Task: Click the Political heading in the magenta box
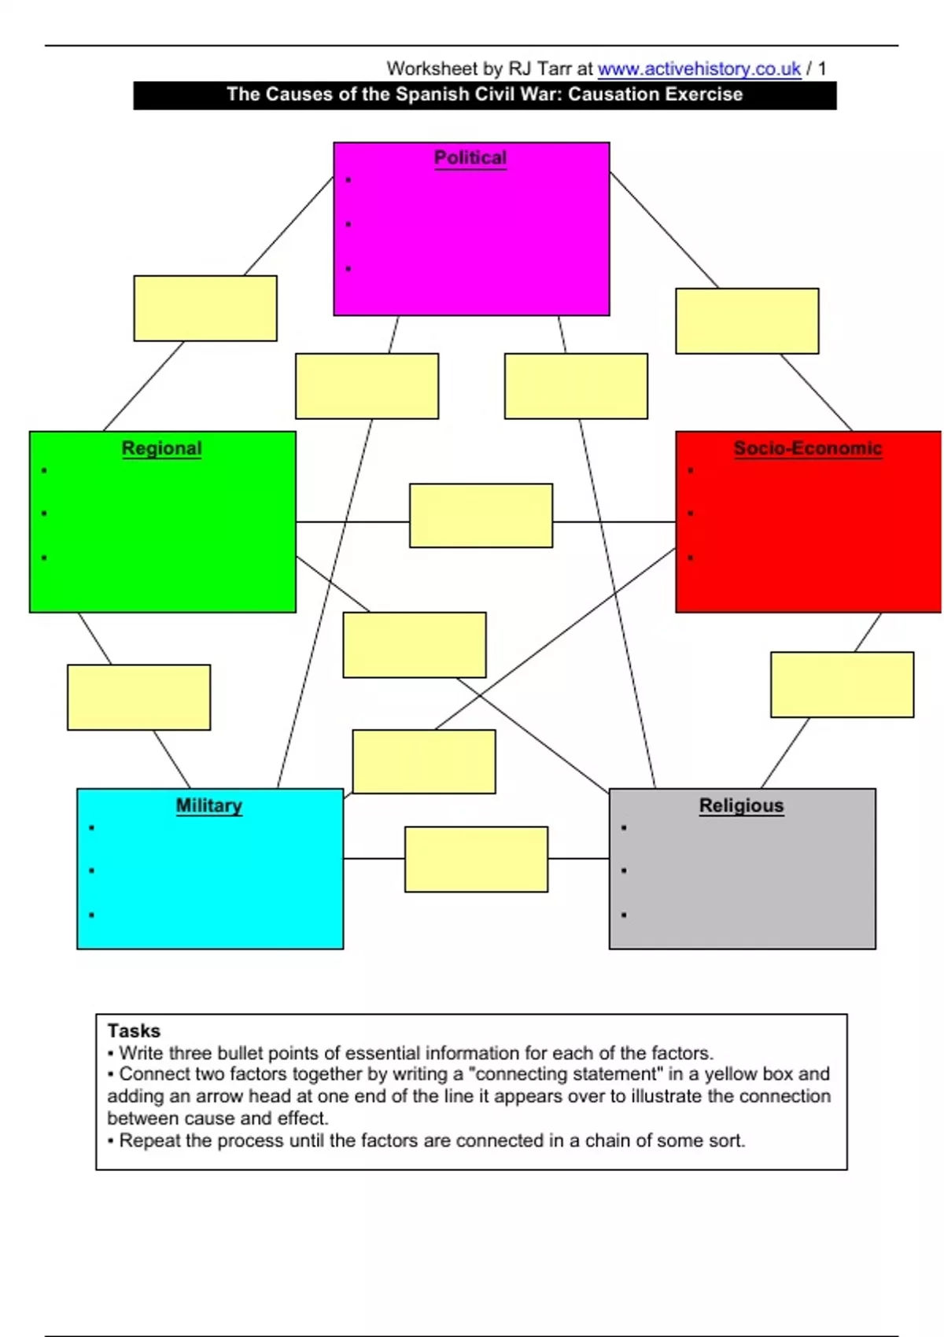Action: pos(470,157)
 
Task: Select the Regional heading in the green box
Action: pos(161,448)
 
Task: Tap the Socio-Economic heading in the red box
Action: pos(807,448)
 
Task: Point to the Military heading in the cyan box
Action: pos(208,805)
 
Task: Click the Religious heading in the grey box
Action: pos(741,805)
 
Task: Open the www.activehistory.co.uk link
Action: pos(699,69)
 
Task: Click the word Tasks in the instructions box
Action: pos(134,1030)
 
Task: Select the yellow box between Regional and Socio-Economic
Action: pos(481,515)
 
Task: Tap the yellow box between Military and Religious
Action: pos(476,859)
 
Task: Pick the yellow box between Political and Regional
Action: pos(205,308)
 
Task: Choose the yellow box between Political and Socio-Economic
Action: pos(747,321)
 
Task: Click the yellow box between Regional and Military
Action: pos(138,698)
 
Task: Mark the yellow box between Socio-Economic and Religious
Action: pos(842,684)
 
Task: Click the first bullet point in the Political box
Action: pos(348,180)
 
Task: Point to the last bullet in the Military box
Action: pos(92,915)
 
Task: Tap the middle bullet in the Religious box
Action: pos(624,871)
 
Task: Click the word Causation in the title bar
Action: pos(606,94)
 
